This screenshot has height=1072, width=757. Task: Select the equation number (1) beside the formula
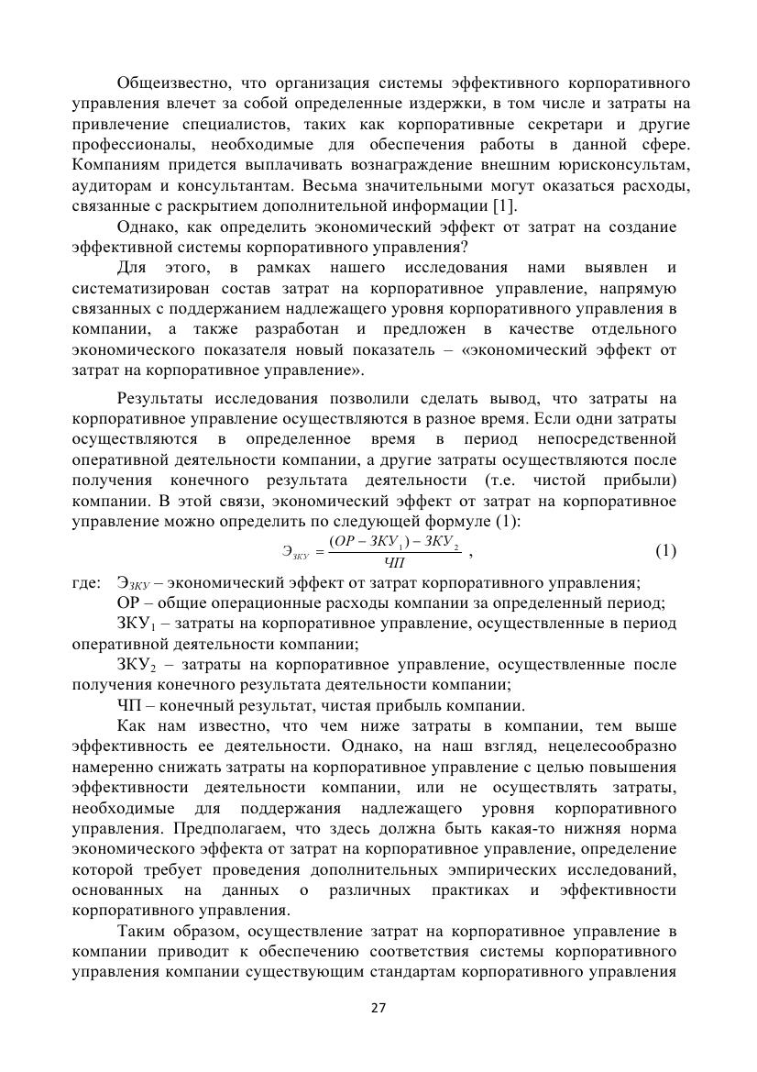tap(666, 550)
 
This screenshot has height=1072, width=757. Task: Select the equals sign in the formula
tap(318, 552)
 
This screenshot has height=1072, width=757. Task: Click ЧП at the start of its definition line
tap(129, 705)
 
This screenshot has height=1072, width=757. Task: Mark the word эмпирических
tap(474, 869)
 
